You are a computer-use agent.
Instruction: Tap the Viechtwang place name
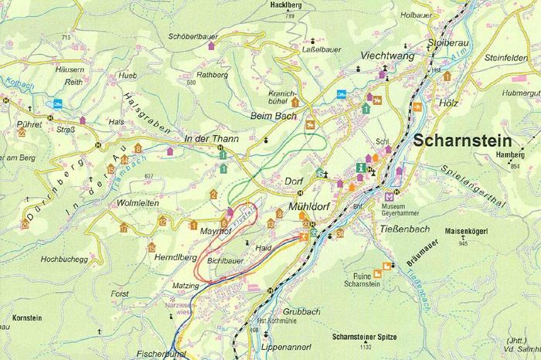[387, 56]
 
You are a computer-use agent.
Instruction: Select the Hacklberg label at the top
[264, 5]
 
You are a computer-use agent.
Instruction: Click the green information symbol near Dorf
[359, 167]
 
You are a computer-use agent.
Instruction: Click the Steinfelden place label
[485, 56]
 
